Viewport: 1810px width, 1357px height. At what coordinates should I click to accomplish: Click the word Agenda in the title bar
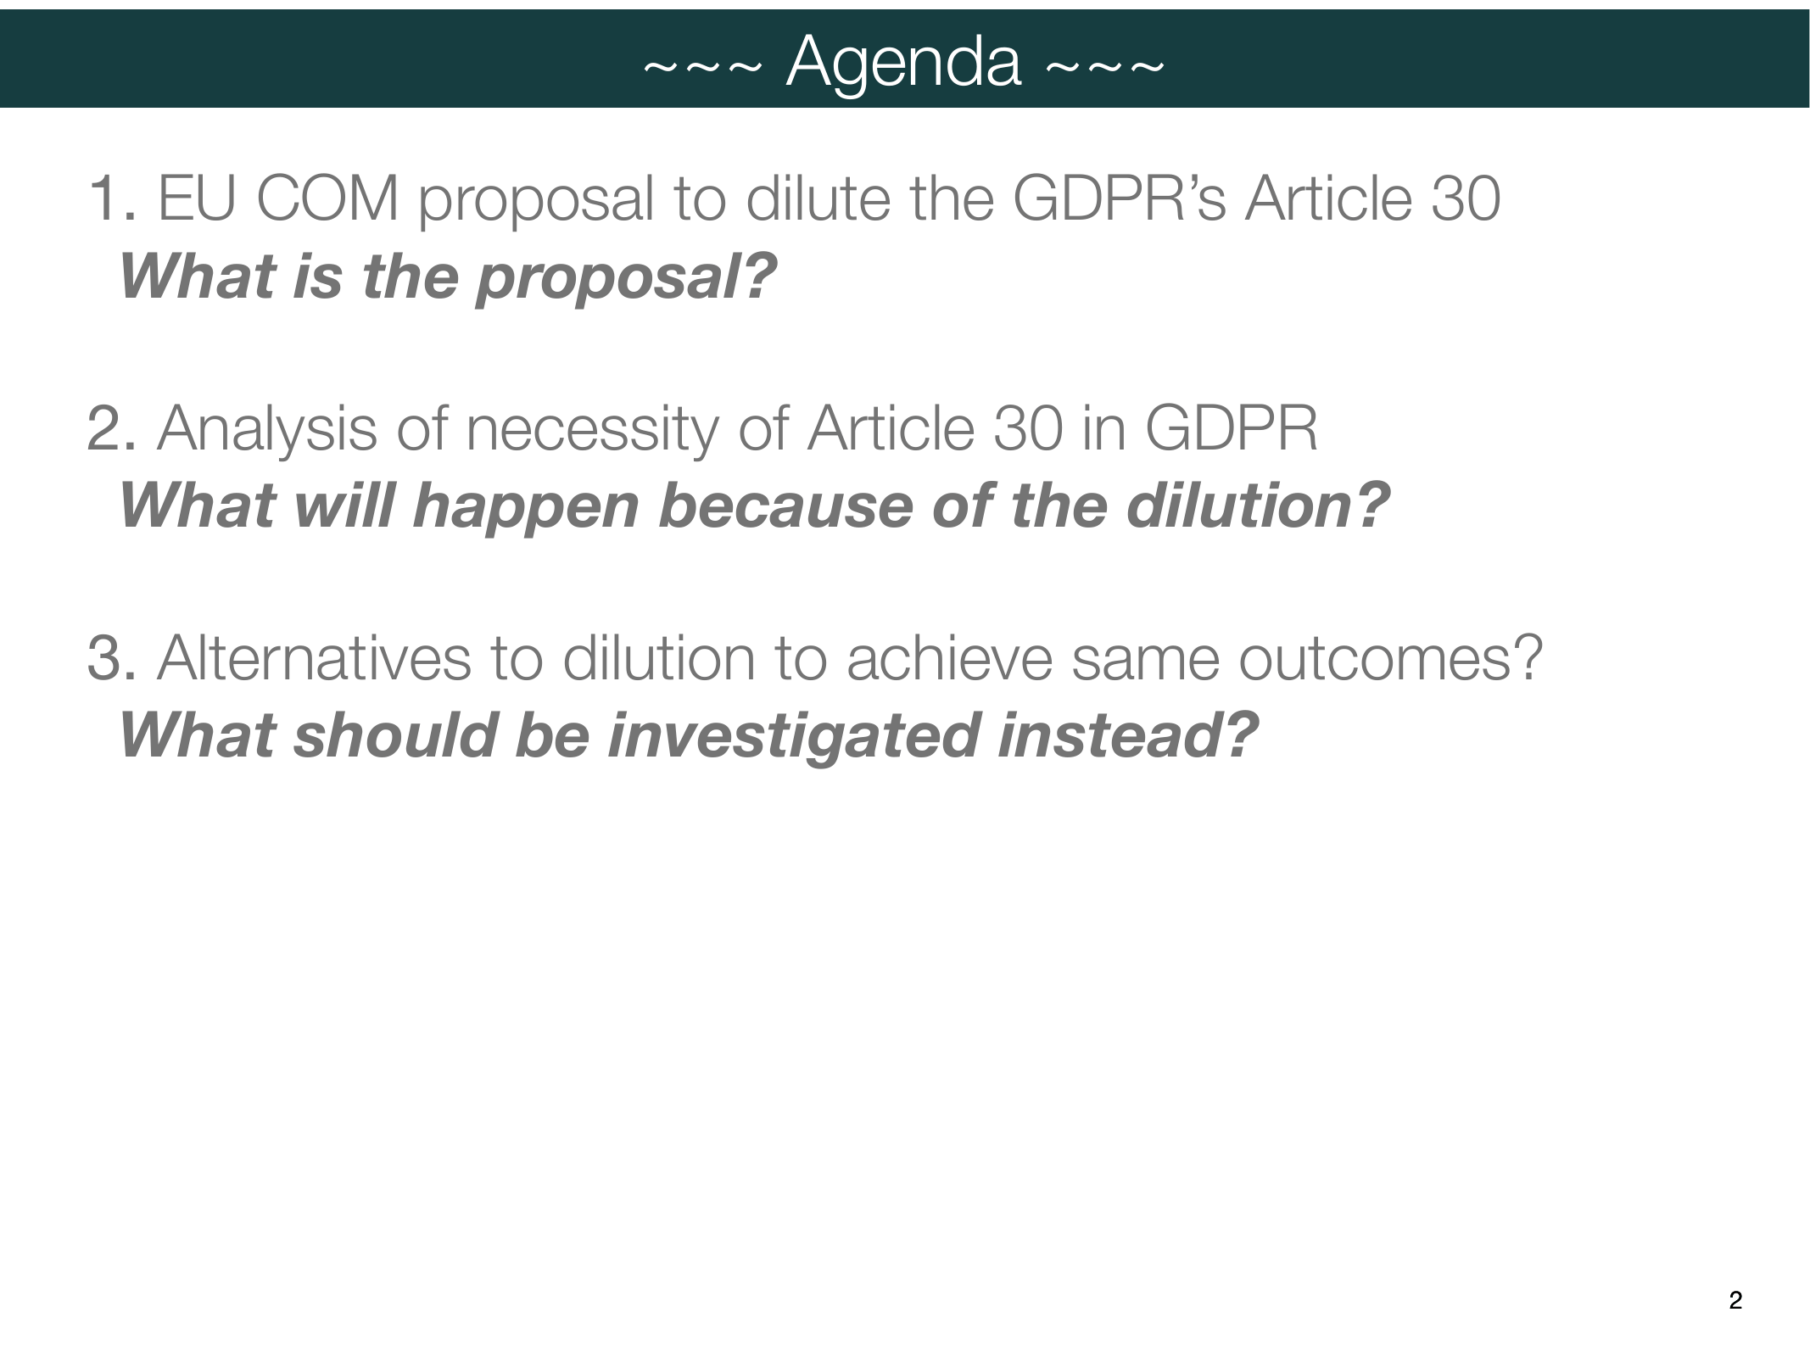[x=904, y=64]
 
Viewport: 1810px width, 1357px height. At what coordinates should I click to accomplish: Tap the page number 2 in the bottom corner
[x=1735, y=1300]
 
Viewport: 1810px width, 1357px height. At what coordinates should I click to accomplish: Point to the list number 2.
[x=111, y=428]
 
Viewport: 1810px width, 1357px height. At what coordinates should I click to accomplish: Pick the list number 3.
[x=111, y=658]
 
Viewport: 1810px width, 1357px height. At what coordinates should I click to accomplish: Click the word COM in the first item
[x=327, y=198]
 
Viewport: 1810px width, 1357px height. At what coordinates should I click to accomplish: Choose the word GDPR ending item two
[x=1231, y=428]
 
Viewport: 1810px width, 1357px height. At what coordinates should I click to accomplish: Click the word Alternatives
[x=314, y=658]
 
